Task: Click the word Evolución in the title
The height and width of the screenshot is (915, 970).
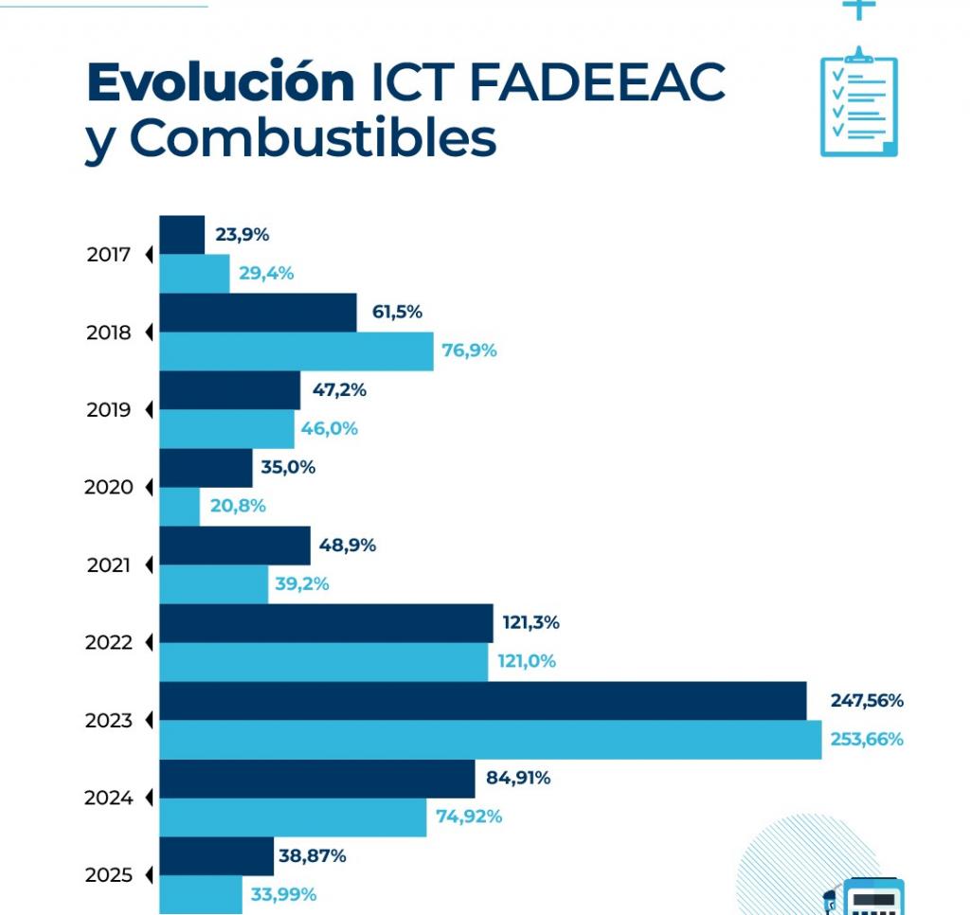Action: tap(220, 82)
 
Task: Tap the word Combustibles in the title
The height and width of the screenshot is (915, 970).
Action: tap(313, 138)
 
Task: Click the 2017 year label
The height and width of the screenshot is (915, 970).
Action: tap(108, 255)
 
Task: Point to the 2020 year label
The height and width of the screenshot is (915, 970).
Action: tap(108, 488)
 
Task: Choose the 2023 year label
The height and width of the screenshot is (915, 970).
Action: tap(108, 721)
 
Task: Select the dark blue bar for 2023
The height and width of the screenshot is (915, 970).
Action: tap(482, 701)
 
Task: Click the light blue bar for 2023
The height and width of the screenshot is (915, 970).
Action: tap(490, 740)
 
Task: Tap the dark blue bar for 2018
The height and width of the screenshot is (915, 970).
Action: tap(258, 313)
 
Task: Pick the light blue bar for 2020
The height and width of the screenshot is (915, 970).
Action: tap(179, 507)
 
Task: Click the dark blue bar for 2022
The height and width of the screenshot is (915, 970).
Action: tap(326, 623)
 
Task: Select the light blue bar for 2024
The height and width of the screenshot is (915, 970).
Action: tap(293, 817)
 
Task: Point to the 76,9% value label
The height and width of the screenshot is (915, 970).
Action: tap(469, 350)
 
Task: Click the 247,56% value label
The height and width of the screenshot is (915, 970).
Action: tap(867, 701)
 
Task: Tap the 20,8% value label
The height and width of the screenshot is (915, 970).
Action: tap(238, 506)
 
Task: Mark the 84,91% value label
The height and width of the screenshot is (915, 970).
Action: tap(517, 779)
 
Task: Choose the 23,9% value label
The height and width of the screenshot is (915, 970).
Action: tap(242, 235)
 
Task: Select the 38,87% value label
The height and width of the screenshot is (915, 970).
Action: tap(313, 856)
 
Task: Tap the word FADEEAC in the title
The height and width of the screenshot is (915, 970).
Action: tap(596, 82)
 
